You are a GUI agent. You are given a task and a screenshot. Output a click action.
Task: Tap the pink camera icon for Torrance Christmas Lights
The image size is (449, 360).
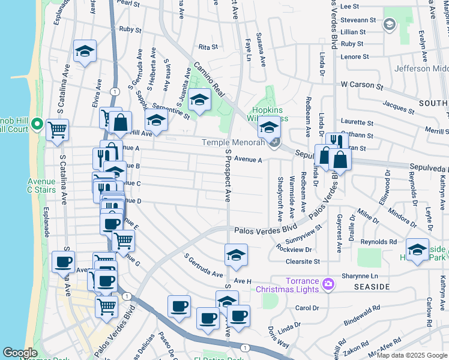[328, 283]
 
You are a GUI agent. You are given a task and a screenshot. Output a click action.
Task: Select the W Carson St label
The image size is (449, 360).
[362, 86]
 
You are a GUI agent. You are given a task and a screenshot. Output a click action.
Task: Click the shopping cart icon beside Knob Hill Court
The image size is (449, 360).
[57, 128]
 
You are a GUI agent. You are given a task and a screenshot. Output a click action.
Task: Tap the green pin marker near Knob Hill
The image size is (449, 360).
[37, 125]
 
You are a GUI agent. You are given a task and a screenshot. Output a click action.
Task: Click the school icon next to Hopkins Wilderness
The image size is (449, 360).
[269, 127]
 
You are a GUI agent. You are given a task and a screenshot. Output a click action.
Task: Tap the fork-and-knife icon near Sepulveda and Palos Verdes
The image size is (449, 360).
[336, 142]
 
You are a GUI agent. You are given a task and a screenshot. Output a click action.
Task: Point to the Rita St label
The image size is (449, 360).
[207, 46]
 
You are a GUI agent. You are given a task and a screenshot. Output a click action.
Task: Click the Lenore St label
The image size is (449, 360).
[355, 56]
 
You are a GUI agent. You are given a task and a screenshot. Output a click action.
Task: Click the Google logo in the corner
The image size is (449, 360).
[20, 353]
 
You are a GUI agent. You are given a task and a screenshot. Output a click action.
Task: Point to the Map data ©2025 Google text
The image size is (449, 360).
[411, 355]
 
